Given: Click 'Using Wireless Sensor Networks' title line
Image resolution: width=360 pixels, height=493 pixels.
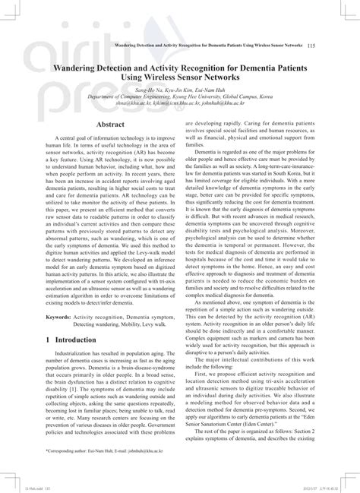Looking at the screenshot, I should click(179, 77).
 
